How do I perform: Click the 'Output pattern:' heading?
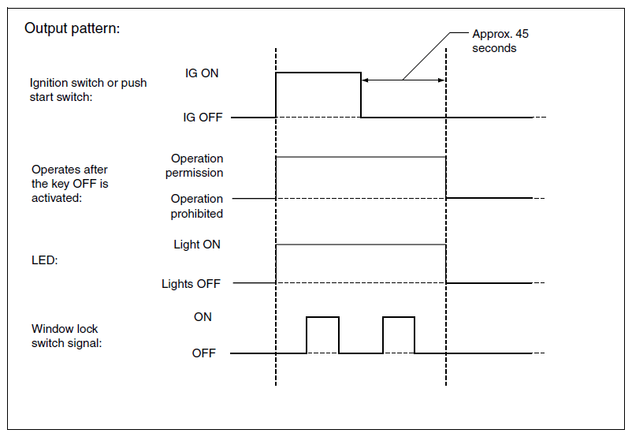(x=72, y=28)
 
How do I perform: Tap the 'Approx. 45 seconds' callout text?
(x=500, y=41)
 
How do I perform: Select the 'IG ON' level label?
(x=202, y=73)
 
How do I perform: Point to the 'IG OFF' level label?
(x=203, y=117)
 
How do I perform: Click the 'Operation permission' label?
(x=195, y=166)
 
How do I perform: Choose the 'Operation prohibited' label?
(x=197, y=206)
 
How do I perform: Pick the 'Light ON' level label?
(x=197, y=244)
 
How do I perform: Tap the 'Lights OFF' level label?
(x=191, y=284)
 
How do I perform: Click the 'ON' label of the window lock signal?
(x=203, y=317)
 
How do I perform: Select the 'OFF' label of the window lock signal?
(x=204, y=353)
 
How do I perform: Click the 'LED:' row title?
(x=45, y=260)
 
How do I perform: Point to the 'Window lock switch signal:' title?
(x=66, y=336)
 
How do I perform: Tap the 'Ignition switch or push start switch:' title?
(x=88, y=90)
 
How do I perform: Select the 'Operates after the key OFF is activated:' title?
(x=69, y=184)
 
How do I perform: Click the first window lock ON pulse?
(x=322, y=317)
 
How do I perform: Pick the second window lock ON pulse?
(x=399, y=317)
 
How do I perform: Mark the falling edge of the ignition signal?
(x=361, y=95)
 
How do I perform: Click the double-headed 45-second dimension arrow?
(x=403, y=80)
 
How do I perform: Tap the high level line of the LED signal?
(x=361, y=245)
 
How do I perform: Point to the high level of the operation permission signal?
(x=361, y=157)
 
